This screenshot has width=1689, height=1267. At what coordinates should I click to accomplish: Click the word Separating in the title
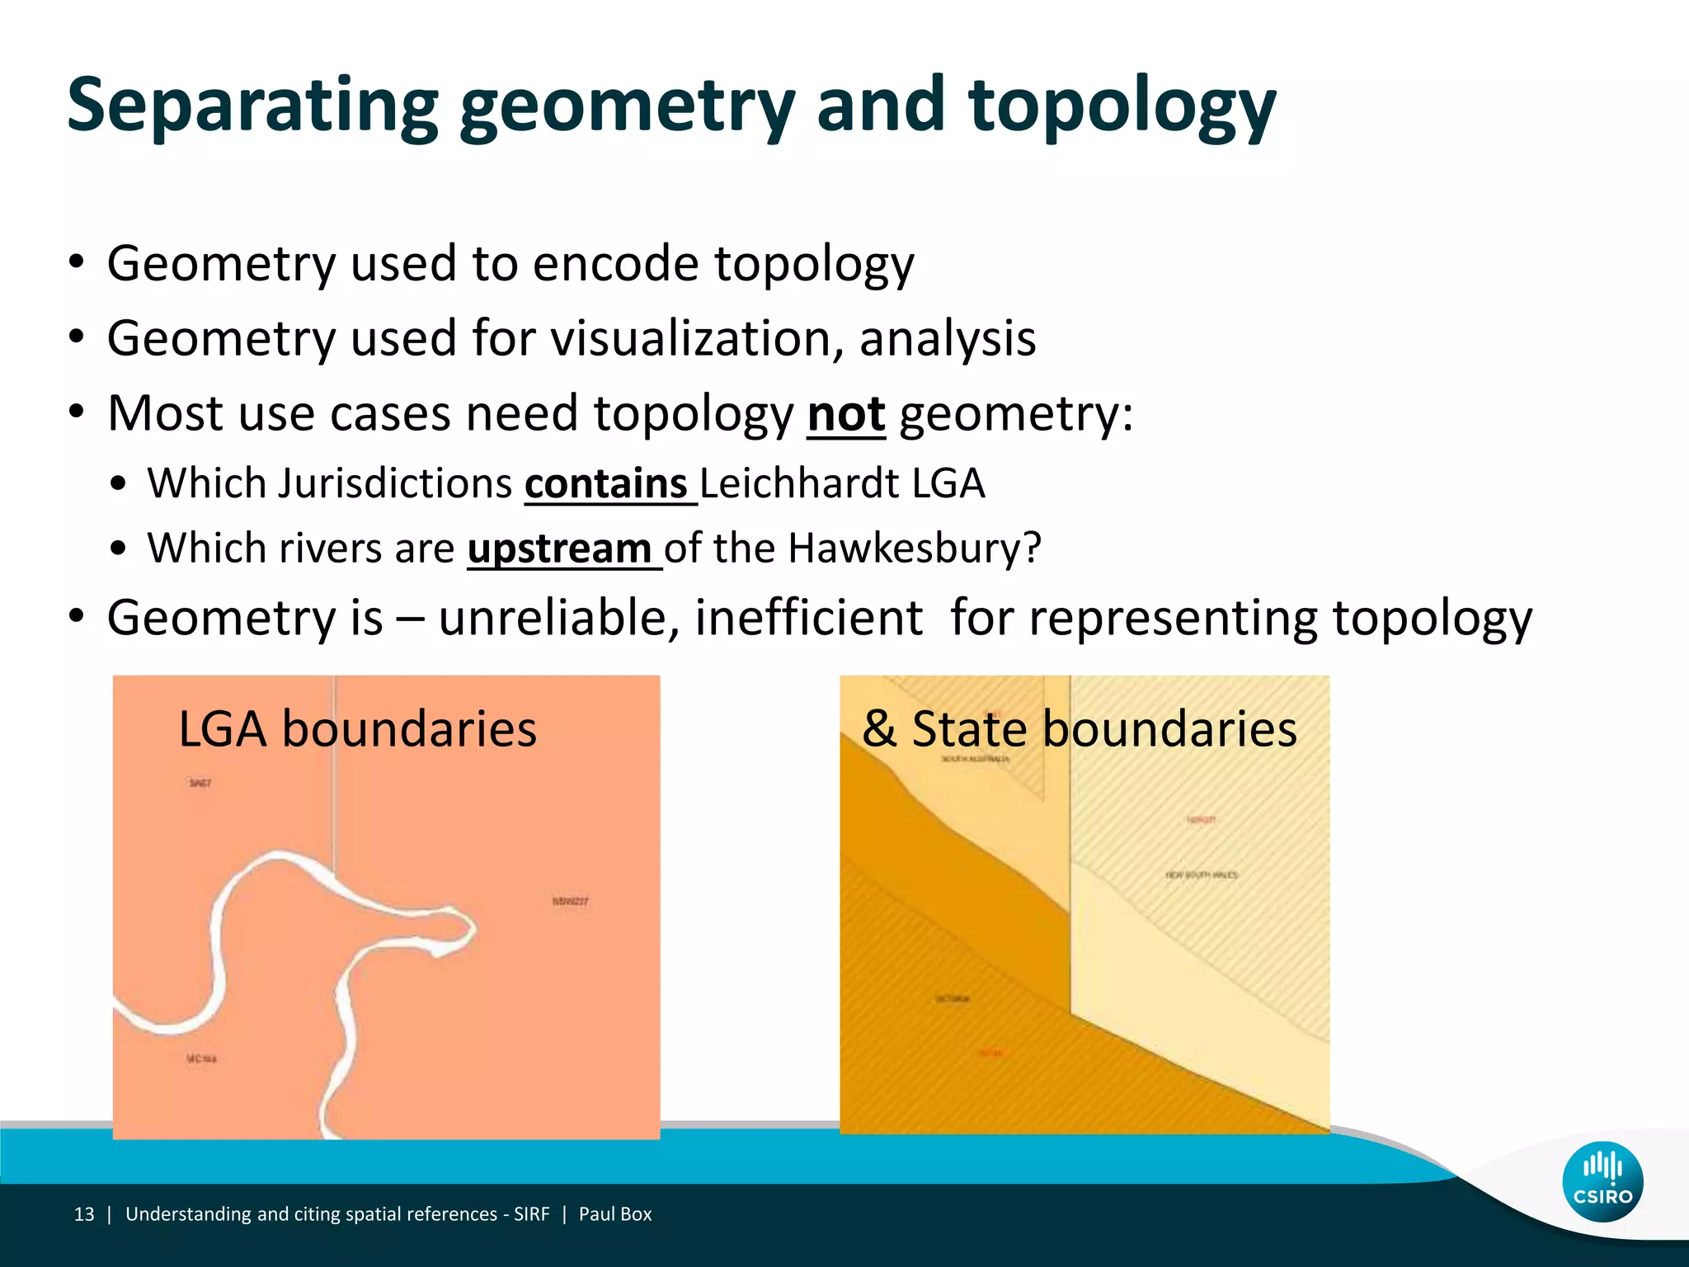tap(252, 106)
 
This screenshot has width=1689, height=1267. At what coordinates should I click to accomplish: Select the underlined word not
tap(845, 413)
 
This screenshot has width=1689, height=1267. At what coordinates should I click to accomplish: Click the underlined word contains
tap(606, 483)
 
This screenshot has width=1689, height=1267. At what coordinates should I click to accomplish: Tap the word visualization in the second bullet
tap(697, 338)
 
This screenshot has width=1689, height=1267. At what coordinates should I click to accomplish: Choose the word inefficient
tap(808, 618)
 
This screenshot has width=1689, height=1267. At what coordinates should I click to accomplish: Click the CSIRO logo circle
tap(1602, 1181)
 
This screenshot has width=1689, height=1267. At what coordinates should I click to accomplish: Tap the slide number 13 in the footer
tap(84, 1214)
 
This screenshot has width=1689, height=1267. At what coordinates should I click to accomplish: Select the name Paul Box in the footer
tap(614, 1214)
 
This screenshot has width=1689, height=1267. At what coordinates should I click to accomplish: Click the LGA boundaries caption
tap(357, 729)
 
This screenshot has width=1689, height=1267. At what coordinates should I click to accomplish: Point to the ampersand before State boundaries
tap(879, 729)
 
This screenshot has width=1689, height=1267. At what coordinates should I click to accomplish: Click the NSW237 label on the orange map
tap(570, 902)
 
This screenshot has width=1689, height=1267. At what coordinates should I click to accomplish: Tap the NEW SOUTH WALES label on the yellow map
tap(1201, 874)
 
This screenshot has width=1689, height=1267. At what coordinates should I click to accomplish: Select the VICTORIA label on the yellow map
tap(952, 999)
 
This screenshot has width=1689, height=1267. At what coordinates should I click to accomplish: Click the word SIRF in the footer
tap(531, 1214)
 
